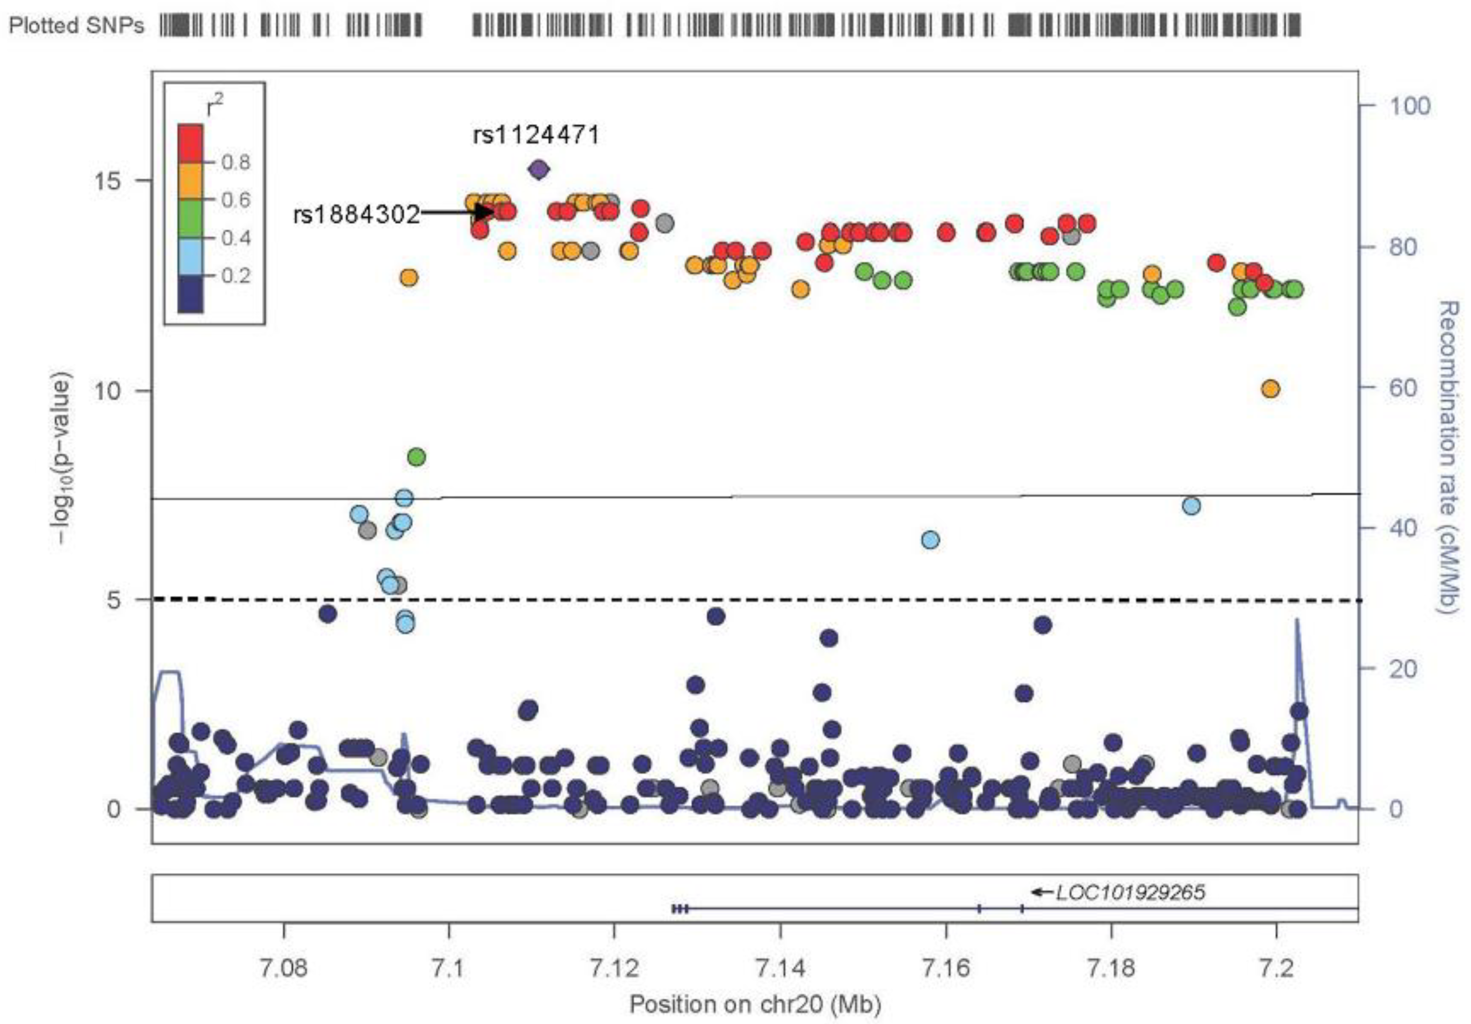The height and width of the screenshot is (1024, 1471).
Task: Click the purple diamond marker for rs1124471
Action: click(x=539, y=170)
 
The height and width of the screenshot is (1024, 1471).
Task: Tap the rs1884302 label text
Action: click(x=356, y=215)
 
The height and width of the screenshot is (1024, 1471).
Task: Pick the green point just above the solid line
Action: click(x=416, y=457)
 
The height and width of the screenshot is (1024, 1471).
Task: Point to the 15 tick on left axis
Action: click(x=108, y=180)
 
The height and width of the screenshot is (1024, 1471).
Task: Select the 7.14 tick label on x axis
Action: click(x=780, y=968)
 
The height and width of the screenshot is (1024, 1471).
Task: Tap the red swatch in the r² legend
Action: click(x=190, y=144)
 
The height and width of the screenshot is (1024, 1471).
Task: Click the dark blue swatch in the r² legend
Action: click(x=190, y=294)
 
